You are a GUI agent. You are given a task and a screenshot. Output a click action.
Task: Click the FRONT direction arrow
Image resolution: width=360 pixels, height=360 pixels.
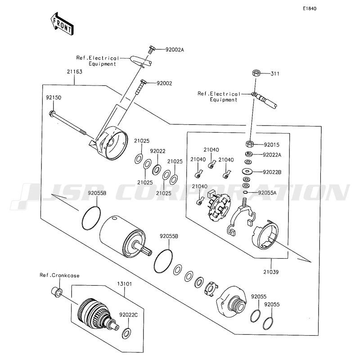pos(62,24)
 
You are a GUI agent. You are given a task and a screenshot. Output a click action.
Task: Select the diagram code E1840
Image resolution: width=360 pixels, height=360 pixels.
pos(310,9)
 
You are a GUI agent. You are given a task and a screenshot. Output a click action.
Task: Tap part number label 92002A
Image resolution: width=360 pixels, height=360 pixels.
pos(175,49)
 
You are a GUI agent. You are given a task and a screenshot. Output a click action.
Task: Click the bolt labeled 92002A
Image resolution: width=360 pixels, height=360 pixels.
pos(151,50)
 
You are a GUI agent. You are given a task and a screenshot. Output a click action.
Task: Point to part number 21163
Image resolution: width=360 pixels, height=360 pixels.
pos(75,72)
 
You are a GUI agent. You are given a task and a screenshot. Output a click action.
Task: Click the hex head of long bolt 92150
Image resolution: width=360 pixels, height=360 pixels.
pos(52,113)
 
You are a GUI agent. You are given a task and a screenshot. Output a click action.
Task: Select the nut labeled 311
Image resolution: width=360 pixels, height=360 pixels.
pos(256,73)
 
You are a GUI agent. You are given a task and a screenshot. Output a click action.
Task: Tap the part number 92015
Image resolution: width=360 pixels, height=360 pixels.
pos(272,145)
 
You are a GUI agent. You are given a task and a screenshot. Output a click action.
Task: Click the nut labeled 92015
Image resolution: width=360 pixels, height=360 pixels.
pos(250,144)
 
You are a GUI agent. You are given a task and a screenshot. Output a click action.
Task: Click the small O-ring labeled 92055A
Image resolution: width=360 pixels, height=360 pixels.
pos(245,193)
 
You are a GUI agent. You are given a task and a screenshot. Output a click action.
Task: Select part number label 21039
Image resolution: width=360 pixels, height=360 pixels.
pos(271,272)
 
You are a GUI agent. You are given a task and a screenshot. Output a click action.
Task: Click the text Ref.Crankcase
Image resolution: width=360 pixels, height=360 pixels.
pos(59,275)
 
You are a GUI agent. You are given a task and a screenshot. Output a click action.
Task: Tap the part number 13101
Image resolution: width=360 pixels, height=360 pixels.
pos(125,284)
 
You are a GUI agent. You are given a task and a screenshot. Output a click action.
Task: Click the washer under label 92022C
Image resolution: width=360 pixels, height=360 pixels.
pos(126,333)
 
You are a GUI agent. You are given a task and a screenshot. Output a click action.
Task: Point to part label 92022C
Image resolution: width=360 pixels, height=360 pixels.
pos(129,315)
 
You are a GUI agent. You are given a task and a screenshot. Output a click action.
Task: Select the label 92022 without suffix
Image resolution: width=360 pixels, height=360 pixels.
pos(158,151)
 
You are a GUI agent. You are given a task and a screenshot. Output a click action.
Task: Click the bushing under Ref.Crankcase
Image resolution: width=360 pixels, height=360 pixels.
pos(57,292)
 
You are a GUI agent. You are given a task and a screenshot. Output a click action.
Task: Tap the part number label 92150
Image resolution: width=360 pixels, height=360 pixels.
pos(54,98)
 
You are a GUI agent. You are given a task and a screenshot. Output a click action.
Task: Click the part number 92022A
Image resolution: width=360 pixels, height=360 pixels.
pos(272,155)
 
